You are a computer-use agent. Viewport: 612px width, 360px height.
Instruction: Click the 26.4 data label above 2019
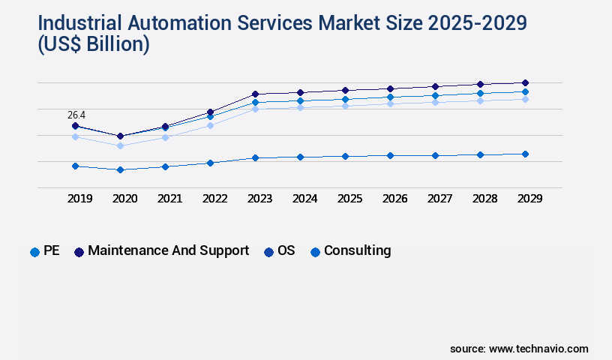[x=76, y=115]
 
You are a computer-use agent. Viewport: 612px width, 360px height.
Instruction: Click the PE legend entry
[x=45, y=251]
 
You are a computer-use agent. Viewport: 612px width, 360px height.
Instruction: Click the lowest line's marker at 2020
[x=120, y=169]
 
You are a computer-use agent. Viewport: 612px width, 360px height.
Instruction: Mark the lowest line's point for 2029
[x=525, y=154]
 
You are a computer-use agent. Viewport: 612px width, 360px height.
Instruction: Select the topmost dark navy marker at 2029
[x=525, y=82]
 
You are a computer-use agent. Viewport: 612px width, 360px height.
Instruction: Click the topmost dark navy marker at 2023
[x=255, y=94]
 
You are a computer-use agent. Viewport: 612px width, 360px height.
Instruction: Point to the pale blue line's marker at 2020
[x=120, y=145]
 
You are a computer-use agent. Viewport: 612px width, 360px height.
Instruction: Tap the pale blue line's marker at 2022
[x=210, y=125]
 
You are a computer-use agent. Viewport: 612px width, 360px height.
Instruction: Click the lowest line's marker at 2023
[x=255, y=158]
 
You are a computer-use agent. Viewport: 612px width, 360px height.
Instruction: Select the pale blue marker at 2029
[x=525, y=99]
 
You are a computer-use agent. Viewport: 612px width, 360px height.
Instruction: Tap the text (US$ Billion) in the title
[x=94, y=45]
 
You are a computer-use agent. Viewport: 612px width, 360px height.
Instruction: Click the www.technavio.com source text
[x=538, y=349]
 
